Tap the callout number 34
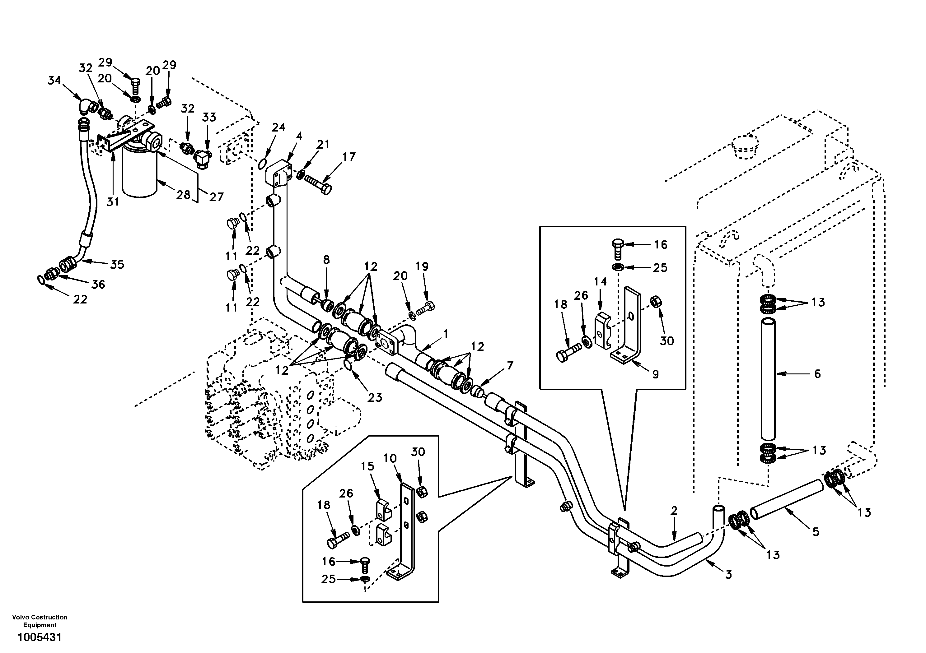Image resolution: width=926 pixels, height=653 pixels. [54, 81]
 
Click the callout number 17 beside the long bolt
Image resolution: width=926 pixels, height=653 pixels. [349, 157]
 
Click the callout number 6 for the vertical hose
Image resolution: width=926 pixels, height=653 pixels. [817, 374]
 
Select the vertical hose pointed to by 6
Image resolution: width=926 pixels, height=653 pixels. [768, 379]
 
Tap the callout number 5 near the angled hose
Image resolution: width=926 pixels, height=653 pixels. [816, 532]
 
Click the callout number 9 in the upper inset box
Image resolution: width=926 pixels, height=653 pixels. [655, 374]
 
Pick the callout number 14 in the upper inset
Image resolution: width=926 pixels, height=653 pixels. [600, 281]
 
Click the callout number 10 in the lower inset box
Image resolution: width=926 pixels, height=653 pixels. [390, 458]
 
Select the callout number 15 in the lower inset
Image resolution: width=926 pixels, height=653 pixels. [367, 466]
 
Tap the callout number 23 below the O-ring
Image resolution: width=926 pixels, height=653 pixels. [375, 398]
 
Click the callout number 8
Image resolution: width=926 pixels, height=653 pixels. [326, 260]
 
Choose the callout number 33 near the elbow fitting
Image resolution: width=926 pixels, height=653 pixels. [209, 117]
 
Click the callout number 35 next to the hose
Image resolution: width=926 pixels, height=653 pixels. [117, 265]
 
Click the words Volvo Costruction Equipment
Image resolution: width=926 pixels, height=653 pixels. [40, 621]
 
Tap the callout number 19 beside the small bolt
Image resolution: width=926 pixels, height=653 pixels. [422, 266]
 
